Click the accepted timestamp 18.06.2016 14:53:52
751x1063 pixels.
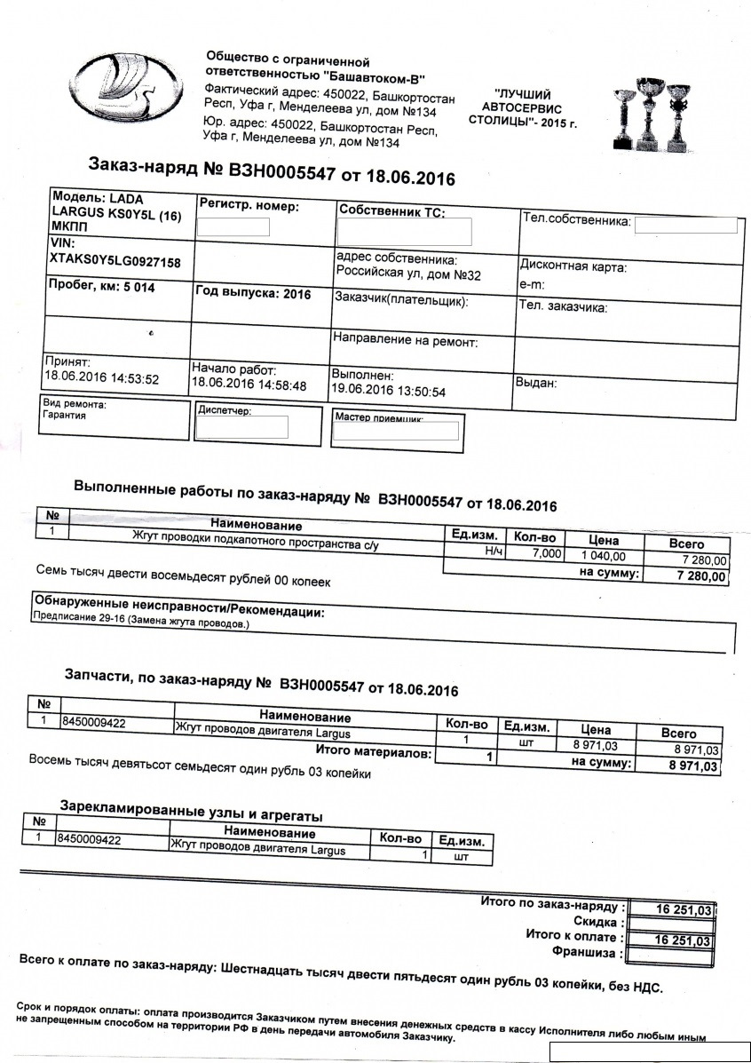click(101, 378)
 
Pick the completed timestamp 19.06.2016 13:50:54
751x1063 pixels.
click(388, 391)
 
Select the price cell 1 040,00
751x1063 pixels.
click(603, 556)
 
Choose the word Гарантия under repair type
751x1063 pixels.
click(64, 416)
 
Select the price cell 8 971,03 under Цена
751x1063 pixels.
click(594, 744)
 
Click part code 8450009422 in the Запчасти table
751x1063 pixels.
click(92, 722)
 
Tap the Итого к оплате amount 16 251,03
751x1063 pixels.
click(684, 940)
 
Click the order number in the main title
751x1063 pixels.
click(281, 171)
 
